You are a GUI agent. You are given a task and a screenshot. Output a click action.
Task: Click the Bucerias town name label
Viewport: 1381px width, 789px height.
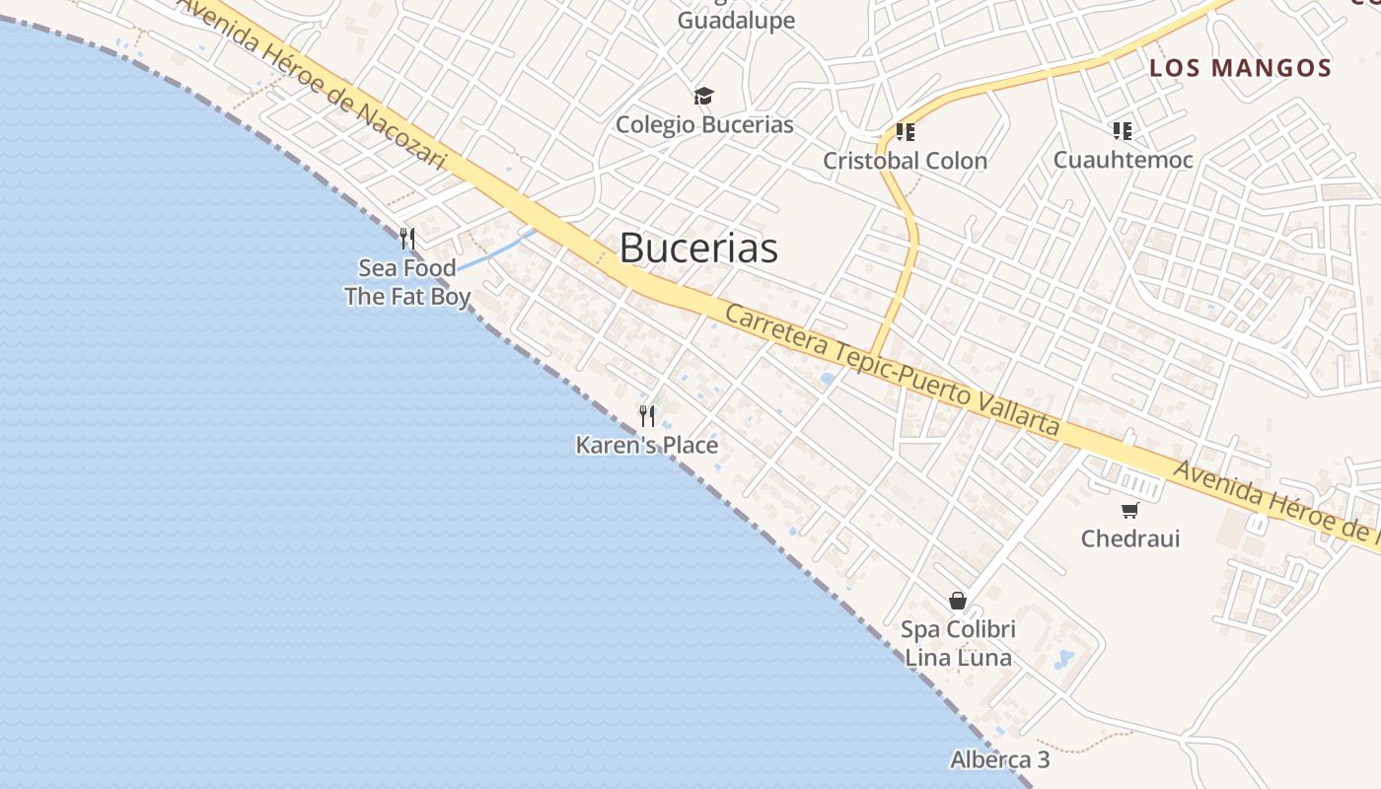point(698,248)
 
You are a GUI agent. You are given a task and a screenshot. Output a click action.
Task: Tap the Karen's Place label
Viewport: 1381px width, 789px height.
point(647,446)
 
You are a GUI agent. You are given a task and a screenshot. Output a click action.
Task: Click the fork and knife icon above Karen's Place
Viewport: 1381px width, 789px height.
point(647,415)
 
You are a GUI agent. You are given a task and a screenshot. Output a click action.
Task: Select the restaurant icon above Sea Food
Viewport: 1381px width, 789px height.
point(406,238)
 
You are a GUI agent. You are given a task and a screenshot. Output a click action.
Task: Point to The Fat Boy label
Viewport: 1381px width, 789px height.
point(407,296)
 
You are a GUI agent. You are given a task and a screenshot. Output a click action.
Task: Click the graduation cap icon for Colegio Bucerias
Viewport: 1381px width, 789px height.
point(703,96)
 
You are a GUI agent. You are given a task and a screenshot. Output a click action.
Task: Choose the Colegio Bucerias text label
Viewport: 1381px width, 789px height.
point(704,125)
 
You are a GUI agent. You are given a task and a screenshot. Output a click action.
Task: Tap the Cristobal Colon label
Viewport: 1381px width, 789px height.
point(905,161)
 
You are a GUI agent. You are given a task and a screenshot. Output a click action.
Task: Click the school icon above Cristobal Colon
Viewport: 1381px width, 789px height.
point(905,131)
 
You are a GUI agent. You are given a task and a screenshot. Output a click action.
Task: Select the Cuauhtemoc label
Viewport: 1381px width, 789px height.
point(1123,160)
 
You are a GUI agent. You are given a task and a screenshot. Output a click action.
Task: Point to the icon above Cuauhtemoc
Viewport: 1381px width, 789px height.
point(1122,130)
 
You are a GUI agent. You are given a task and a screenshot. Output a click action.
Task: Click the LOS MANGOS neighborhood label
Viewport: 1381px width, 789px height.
point(1241,68)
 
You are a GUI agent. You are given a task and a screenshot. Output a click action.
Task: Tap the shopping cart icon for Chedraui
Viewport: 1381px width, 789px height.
point(1130,510)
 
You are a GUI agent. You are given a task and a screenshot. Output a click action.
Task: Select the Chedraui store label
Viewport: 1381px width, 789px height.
point(1130,538)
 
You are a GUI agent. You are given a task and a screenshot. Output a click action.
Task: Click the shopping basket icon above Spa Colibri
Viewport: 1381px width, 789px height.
point(957,600)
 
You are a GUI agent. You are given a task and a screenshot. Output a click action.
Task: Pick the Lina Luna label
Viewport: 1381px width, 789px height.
point(958,658)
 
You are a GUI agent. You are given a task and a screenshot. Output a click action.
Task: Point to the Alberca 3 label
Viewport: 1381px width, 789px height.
point(999,760)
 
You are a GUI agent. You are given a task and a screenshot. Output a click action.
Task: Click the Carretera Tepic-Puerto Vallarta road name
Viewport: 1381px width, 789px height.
point(892,370)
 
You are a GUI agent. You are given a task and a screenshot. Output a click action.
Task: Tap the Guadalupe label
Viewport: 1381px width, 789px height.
point(736,21)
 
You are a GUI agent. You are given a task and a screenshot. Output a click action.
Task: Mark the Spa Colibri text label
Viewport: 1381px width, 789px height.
point(958,629)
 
